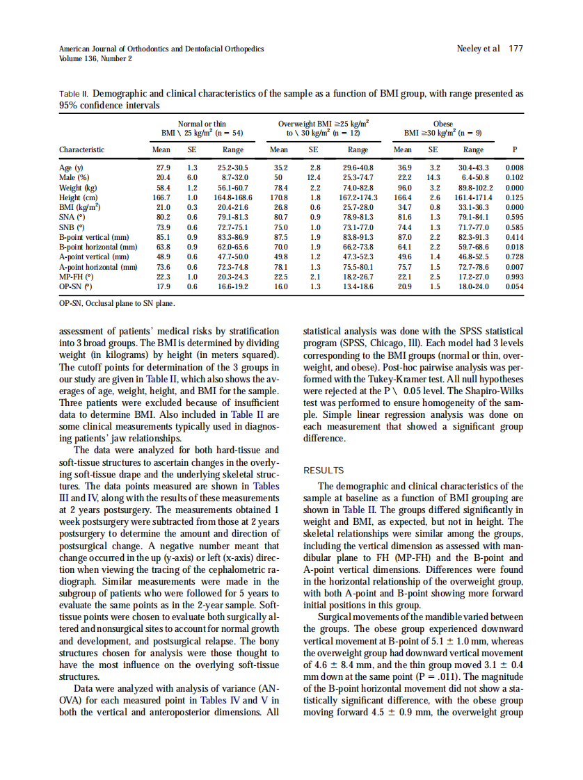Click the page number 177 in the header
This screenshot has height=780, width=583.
(516, 49)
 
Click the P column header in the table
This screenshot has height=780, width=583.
(514, 149)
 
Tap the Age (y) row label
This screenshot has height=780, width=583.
(71, 168)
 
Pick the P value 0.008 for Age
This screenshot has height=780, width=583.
(514, 168)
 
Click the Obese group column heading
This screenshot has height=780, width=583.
(442, 124)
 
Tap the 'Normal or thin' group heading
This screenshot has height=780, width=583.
(202, 124)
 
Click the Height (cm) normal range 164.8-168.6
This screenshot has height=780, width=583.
(232, 197)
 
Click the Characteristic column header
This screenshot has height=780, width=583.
(81, 149)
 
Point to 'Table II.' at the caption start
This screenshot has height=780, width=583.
(74, 93)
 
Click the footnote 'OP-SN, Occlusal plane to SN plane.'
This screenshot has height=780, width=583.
(117, 303)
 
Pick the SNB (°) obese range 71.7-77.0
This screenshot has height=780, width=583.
(474, 227)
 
